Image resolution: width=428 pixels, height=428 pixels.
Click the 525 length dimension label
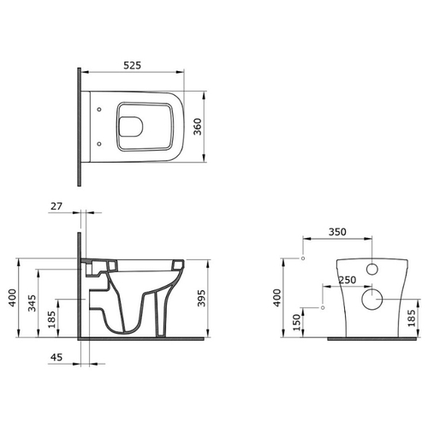(x=132, y=65)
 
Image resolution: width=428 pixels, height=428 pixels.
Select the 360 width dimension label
(x=198, y=127)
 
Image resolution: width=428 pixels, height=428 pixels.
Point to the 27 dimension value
(x=56, y=206)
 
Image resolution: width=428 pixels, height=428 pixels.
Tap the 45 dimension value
(x=56, y=357)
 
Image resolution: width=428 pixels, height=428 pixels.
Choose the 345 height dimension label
(x=32, y=303)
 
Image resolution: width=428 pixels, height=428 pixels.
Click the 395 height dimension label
(x=201, y=298)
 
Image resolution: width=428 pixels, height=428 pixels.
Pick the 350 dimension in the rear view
(x=337, y=232)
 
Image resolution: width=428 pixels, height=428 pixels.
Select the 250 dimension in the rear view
(x=348, y=280)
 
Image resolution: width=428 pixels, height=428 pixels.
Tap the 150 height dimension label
(x=297, y=323)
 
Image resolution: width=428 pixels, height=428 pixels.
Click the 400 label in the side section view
(x=12, y=298)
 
